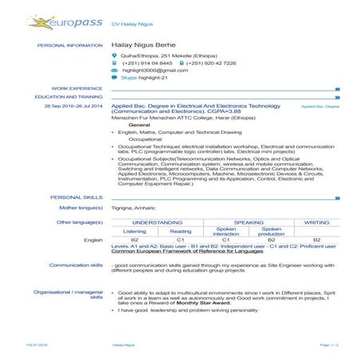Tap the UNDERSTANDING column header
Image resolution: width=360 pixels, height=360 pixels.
(158, 221)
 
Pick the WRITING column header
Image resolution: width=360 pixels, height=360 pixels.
(316, 221)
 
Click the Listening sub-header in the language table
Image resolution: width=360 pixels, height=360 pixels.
(135, 231)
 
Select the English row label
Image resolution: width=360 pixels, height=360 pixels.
(93, 240)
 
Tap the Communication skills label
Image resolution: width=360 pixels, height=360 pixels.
(76, 264)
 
